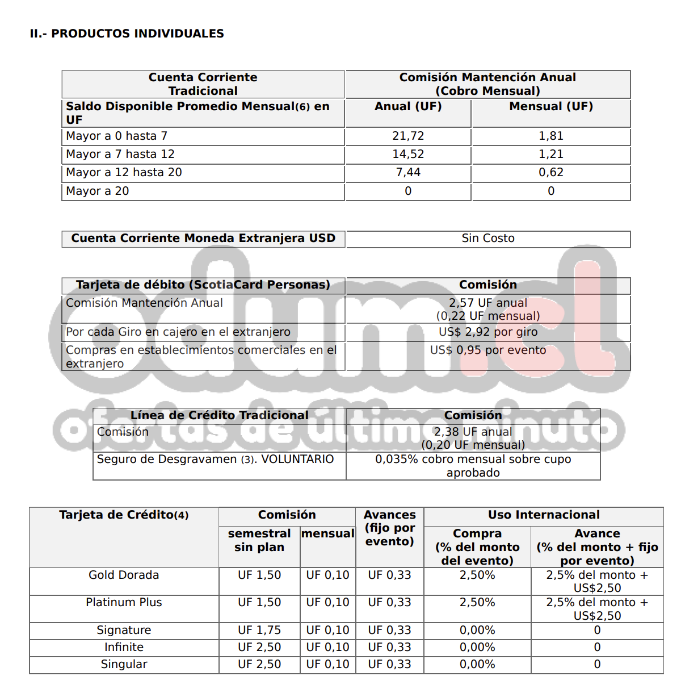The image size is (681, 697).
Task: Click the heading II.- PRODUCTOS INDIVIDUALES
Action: [127, 34]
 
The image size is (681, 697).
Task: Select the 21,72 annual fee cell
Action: [408, 136]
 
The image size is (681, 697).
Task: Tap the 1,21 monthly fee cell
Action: [550, 154]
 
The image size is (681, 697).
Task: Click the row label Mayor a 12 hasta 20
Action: [124, 172]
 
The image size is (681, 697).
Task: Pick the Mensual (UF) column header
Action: [550, 106]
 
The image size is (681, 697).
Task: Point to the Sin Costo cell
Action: [488, 238]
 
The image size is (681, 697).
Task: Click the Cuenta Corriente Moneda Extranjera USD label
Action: [203, 238]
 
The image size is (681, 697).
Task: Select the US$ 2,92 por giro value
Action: [488, 332]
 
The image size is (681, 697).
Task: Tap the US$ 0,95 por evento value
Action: [488, 350]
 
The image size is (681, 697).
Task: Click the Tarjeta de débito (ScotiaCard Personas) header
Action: [203, 285]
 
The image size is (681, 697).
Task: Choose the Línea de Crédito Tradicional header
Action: [220, 415]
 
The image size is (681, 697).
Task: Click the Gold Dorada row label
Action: [124, 575]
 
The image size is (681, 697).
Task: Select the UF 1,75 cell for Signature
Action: [259, 630]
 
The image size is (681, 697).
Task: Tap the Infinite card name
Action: [124, 647]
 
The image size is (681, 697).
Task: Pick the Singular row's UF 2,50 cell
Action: [259, 664]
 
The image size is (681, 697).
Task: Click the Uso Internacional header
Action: [544, 515]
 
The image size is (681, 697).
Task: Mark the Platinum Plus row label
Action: [124, 602]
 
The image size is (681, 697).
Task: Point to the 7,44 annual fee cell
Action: [408, 172]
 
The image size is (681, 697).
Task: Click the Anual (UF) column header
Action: [408, 106]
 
